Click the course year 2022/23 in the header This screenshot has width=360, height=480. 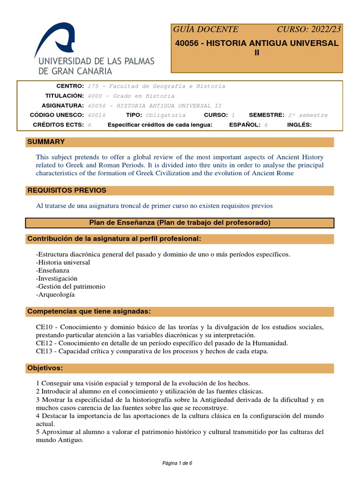point(309,29)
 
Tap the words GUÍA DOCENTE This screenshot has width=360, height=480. point(206,29)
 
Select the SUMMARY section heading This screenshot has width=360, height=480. point(46,142)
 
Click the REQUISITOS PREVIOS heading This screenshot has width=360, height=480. point(67,190)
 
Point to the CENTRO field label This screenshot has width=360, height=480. point(70,86)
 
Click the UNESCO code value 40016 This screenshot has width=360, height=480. point(97,115)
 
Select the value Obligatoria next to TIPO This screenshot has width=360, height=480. point(165,115)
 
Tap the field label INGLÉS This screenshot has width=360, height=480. point(299,125)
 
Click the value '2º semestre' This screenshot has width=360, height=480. point(307,115)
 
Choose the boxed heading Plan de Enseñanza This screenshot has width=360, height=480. point(180,223)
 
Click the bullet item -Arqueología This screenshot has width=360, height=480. point(55,295)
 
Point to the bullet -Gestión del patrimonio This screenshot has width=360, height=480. point(70,286)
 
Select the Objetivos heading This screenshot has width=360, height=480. point(45,368)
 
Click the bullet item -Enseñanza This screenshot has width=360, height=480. point(52,270)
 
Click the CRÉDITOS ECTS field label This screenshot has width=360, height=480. point(58,125)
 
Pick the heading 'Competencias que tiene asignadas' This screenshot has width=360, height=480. point(89,311)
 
